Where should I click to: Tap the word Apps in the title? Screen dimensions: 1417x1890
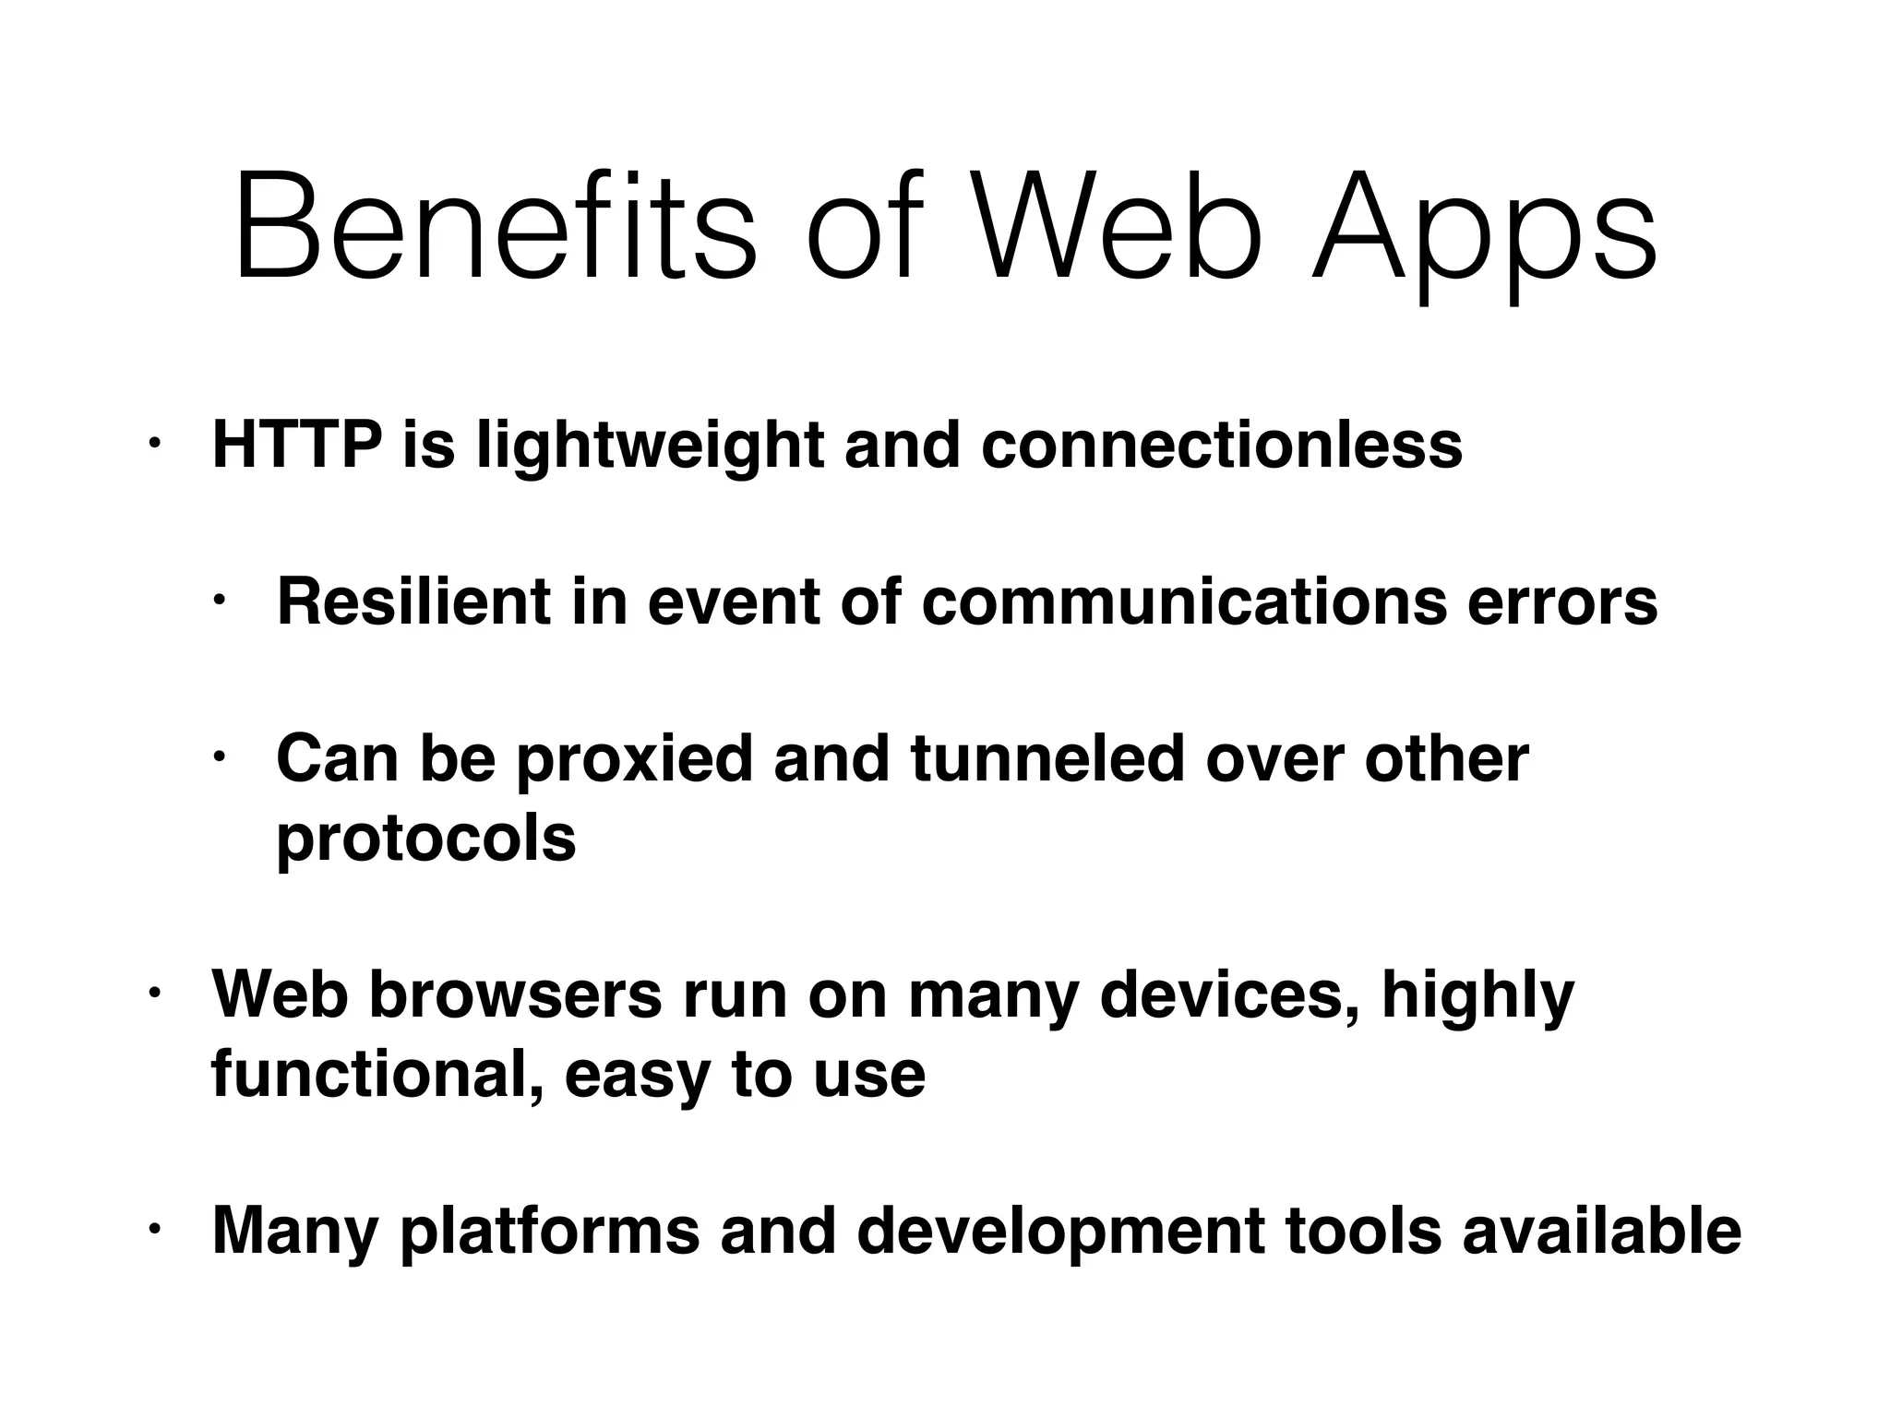(1483, 231)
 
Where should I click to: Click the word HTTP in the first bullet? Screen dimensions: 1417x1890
(297, 446)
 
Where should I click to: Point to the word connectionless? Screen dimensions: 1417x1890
(1222, 446)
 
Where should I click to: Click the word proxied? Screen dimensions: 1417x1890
(634, 760)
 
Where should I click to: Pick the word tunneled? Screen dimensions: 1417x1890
(1047, 758)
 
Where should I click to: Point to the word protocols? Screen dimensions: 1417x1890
(426, 839)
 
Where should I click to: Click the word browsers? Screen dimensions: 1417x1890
(516, 995)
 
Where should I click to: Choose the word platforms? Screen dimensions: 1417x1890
(549, 1232)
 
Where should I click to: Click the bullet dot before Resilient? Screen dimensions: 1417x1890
(221, 602)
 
